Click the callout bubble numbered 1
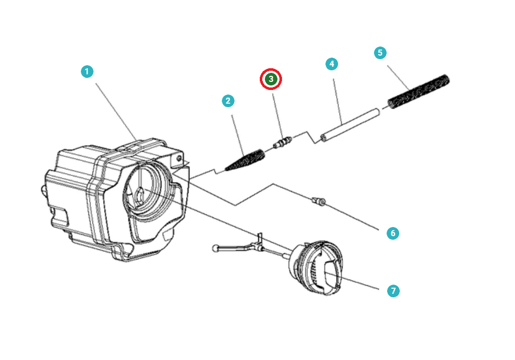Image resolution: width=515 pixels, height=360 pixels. click(x=87, y=72)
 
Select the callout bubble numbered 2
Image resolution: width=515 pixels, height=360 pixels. click(x=228, y=101)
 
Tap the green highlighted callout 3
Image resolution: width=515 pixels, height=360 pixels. click(x=271, y=79)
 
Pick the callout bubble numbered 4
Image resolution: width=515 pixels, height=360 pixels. click(x=331, y=64)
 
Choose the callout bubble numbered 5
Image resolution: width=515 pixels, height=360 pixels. click(x=380, y=53)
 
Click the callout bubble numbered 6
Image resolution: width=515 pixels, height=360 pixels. click(x=392, y=233)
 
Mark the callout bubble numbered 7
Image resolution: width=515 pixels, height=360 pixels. click(x=393, y=291)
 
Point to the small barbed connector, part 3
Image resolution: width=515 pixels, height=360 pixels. click(x=283, y=143)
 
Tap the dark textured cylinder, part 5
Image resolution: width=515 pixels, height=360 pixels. click(x=418, y=91)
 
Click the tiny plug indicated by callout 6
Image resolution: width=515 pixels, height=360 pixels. click(x=318, y=202)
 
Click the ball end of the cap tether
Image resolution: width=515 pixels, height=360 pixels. click(x=216, y=248)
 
